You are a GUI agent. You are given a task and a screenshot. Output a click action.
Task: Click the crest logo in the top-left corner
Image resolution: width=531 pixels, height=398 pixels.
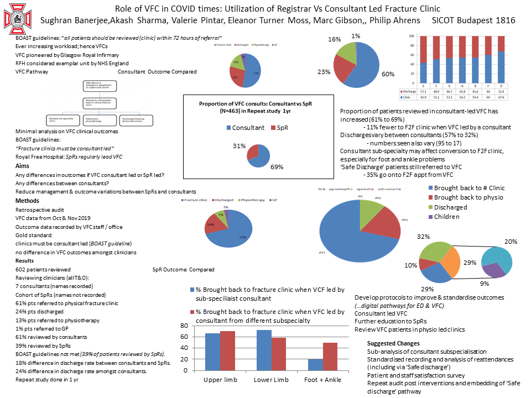coord(16,18)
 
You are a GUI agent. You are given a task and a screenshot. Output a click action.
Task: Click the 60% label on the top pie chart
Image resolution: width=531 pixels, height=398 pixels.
coord(388,74)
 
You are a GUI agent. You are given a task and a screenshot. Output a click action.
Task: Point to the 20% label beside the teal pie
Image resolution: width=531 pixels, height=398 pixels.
coord(511,242)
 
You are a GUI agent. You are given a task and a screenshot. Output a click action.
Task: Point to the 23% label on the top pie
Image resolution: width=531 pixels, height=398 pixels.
coord(324,72)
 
